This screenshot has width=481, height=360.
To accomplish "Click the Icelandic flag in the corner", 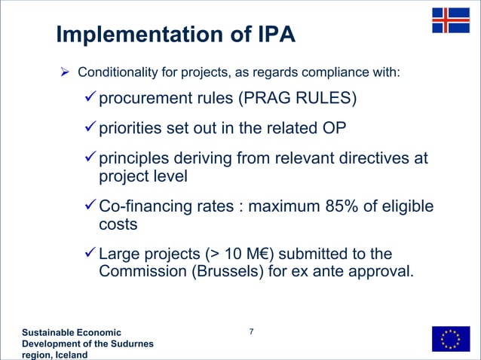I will [450, 20].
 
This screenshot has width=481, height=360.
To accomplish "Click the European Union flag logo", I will [450, 339].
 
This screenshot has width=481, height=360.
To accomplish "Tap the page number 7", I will [251, 332].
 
